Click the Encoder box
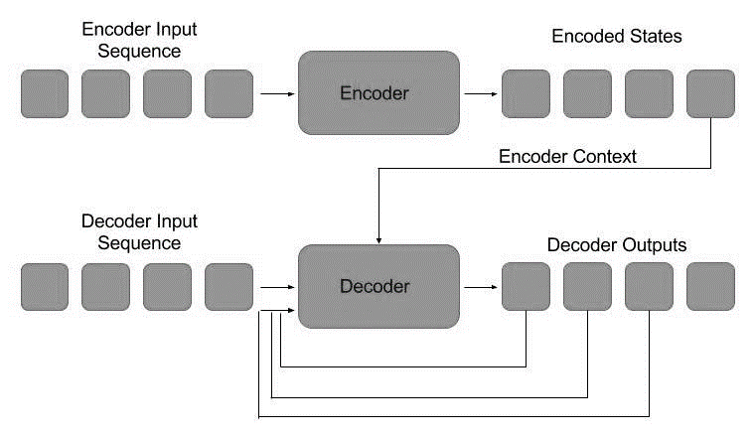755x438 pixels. point(378,93)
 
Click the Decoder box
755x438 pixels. point(378,286)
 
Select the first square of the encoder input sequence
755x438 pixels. point(44,94)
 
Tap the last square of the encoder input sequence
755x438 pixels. point(229,94)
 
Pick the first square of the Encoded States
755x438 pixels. point(526,94)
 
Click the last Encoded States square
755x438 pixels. point(710,94)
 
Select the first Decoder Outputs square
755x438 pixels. point(526,287)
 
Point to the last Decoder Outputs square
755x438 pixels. point(710,287)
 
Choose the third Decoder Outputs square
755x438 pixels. point(649,287)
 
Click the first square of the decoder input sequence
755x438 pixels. point(44,287)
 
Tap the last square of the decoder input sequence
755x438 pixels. point(229,287)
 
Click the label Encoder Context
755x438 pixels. point(567,156)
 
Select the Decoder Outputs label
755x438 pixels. point(616,244)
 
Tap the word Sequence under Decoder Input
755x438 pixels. point(131,242)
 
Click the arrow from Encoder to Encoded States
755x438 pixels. point(481,94)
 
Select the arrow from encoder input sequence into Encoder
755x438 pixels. point(275,94)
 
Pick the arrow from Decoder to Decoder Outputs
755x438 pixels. point(481,287)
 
